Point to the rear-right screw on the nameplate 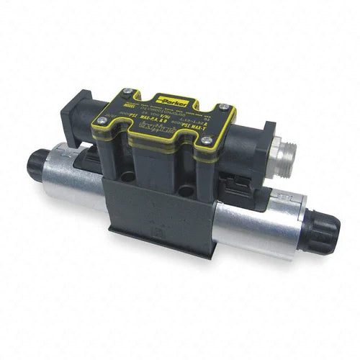tap(230, 108)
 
